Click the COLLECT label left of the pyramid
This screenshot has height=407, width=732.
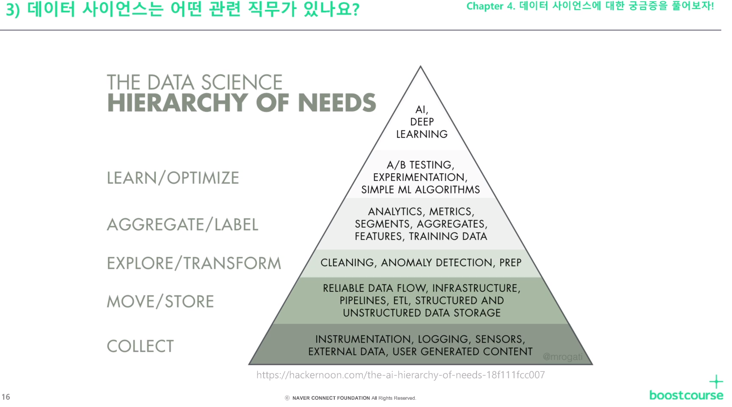[x=140, y=346]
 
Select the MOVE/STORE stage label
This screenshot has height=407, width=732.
[x=160, y=301]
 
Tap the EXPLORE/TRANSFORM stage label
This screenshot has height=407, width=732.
[x=194, y=263]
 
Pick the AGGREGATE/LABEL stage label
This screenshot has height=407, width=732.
[x=183, y=224]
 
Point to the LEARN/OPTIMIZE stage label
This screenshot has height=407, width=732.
[x=173, y=178]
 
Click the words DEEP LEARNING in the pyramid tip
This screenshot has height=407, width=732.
[x=422, y=128]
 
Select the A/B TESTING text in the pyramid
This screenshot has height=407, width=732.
[x=420, y=165]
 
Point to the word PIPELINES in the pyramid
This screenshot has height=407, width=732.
[x=363, y=300]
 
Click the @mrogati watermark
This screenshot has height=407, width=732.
[x=562, y=356]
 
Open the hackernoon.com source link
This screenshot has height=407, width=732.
[x=400, y=375]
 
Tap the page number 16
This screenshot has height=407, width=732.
[x=6, y=397]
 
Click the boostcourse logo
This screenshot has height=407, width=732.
[x=686, y=395]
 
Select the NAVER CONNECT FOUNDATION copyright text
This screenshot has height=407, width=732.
[x=331, y=398]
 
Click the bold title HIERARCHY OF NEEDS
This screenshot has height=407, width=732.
[x=241, y=103]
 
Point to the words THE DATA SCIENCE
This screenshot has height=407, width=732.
[x=195, y=82]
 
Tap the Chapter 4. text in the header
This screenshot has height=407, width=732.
[x=490, y=6]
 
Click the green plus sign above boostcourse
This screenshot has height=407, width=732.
[x=716, y=381]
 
